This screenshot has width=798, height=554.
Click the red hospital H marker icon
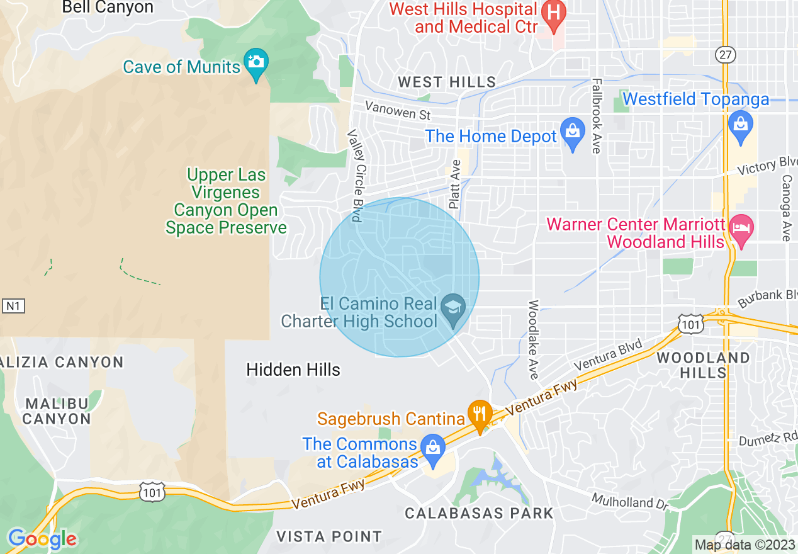(554, 13)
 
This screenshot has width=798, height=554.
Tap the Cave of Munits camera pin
(256, 62)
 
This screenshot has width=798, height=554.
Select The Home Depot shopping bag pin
(572, 132)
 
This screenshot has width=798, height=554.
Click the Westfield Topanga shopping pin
(741, 123)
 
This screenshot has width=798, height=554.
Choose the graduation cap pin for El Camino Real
(452, 308)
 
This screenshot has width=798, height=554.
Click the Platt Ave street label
(454, 184)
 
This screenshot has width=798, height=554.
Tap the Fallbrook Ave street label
(596, 116)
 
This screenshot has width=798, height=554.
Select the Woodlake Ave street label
(533, 339)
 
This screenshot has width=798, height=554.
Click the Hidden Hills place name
(293, 370)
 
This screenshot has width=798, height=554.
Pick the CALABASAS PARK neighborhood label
(478, 513)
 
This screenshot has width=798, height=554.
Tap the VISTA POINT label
(329, 536)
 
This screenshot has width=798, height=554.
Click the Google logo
(42, 539)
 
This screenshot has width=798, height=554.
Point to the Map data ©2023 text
(745, 545)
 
